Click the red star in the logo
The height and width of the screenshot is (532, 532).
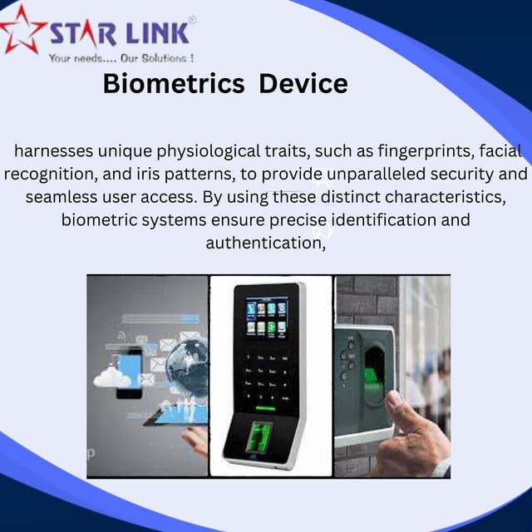(x=22, y=29)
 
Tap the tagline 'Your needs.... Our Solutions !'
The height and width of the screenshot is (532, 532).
(x=121, y=58)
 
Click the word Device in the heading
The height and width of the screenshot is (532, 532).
(x=303, y=84)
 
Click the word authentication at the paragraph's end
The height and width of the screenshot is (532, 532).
(x=264, y=244)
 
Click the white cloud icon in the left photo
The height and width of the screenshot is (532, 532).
(x=112, y=378)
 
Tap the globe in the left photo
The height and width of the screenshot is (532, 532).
(x=187, y=366)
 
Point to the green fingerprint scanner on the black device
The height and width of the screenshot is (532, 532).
(x=261, y=436)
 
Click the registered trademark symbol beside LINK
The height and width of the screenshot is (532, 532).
(x=192, y=18)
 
